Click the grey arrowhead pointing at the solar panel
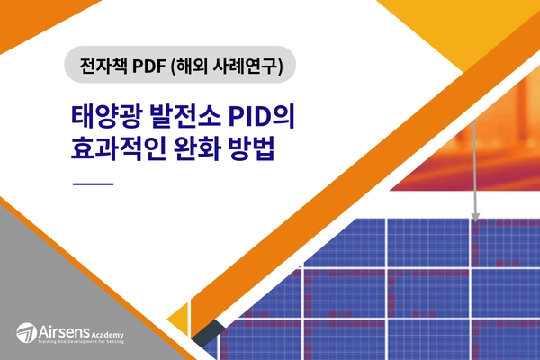pos(475,216)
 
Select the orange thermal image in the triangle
pos(468,153)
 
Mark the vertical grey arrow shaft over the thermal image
pos(475,162)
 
